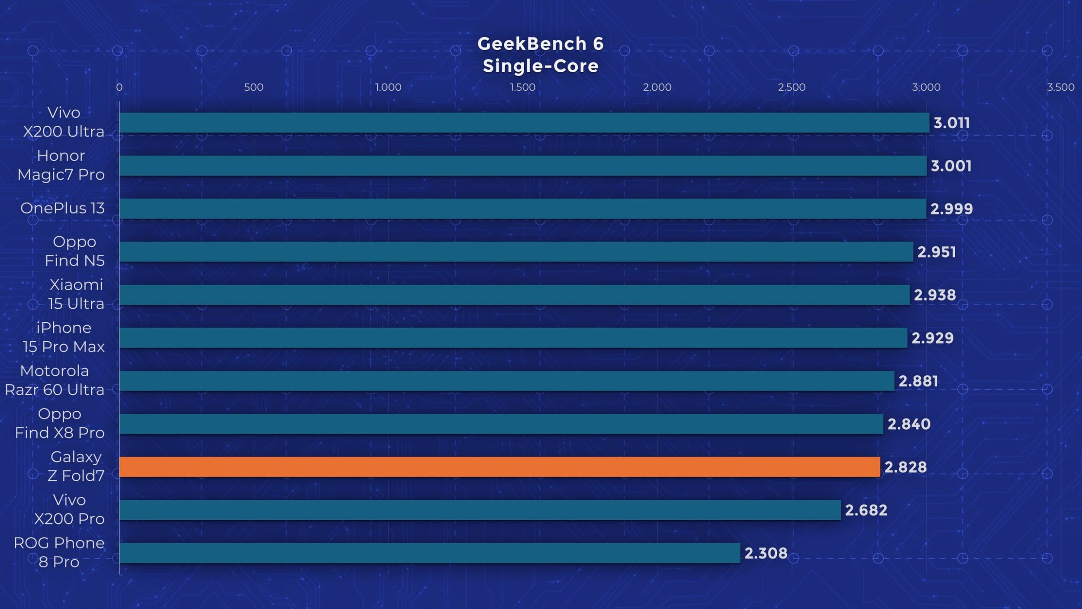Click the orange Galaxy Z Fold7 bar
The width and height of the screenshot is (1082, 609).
click(499, 467)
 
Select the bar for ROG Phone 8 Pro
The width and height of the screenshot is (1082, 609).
click(429, 553)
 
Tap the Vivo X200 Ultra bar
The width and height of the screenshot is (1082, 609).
click(524, 123)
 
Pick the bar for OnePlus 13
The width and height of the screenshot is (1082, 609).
click(522, 209)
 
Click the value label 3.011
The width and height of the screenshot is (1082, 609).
click(951, 123)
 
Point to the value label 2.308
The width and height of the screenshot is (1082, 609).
click(766, 553)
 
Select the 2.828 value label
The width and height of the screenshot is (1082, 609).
click(905, 467)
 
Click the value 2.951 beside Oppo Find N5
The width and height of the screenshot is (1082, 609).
click(937, 252)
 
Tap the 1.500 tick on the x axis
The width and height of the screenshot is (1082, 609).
click(522, 87)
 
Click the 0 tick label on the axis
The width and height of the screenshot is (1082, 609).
click(119, 87)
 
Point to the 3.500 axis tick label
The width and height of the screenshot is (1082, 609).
click(1060, 87)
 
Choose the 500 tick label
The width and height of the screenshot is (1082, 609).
click(254, 87)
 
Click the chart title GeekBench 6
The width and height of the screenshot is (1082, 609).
click(540, 44)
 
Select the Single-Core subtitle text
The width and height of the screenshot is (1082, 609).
click(541, 66)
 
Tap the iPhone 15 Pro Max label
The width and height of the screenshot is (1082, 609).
click(64, 337)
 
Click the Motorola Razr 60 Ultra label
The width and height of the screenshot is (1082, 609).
click(55, 380)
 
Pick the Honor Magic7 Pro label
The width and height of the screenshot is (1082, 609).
click(61, 165)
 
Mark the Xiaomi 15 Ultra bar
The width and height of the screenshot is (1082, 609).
click(514, 295)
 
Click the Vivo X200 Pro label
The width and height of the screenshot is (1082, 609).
click(69, 509)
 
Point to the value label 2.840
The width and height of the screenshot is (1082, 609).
click(909, 424)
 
